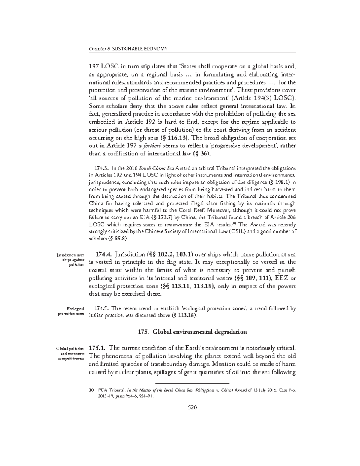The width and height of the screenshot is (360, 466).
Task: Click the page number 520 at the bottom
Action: click(192, 407)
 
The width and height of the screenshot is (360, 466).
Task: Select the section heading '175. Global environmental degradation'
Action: click(192, 332)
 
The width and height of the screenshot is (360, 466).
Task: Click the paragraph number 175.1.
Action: click(98, 348)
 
